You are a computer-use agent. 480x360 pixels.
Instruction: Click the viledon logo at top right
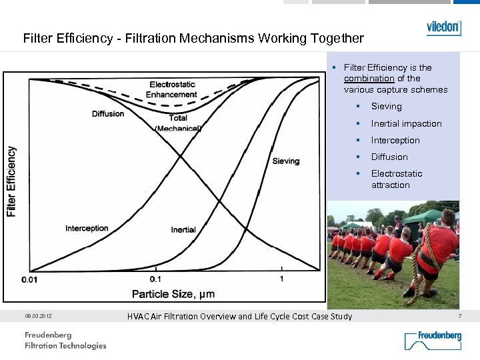point(443,28)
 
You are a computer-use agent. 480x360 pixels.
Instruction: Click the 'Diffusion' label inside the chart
point(108,113)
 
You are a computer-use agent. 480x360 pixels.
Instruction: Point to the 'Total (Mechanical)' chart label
point(177,123)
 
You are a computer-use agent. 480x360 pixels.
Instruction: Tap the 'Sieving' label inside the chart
point(286,161)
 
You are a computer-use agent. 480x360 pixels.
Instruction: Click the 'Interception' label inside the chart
point(87,228)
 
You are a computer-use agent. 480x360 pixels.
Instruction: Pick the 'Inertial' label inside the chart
point(183,229)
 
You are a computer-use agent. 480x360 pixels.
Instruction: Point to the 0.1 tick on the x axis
point(155,279)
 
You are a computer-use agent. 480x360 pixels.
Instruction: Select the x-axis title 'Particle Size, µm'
point(173,293)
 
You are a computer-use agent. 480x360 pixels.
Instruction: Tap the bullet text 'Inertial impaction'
point(406,123)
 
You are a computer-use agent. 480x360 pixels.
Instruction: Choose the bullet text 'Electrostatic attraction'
point(396,179)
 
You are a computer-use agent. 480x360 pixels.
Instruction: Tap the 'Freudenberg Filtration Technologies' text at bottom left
point(65,340)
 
